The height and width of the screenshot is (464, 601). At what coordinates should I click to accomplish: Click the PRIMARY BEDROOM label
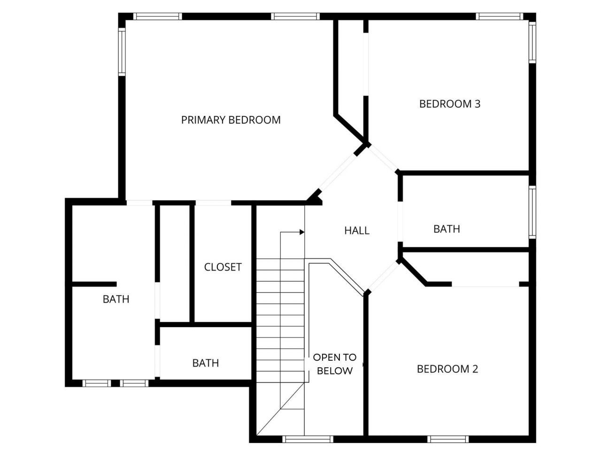pyautogui.click(x=231, y=120)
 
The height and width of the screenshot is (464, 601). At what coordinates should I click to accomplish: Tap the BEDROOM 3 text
pyautogui.click(x=449, y=104)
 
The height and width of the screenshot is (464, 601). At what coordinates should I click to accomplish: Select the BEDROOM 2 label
pyautogui.click(x=447, y=369)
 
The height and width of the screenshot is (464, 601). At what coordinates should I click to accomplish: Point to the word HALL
pyautogui.click(x=357, y=230)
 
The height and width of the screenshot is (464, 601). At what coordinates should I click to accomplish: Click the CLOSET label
pyautogui.click(x=223, y=267)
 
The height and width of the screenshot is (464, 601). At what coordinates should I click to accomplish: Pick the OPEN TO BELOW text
pyautogui.click(x=334, y=364)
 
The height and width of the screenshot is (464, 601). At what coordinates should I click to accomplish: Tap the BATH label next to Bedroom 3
pyautogui.click(x=447, y=229)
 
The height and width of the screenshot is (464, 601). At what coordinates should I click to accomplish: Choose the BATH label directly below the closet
pyautogui.click(x=205, y=363)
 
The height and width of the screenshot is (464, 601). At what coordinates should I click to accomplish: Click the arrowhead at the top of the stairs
pyautogui.click(x=302, y=232)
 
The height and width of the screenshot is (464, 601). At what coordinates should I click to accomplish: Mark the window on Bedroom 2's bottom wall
pyautogui.click(x=448, y=439)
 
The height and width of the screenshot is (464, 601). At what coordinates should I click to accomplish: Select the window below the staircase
pyautogui.click(x=308, y=439)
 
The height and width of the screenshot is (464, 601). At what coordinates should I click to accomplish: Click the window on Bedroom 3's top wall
pyautogui.click(x=499, y=16)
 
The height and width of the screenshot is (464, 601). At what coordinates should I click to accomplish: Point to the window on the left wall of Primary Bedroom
pyautogui.click(x=122, y=52)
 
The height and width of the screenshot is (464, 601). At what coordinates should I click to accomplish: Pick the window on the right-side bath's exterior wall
pyautogui.click(x=532, y=212)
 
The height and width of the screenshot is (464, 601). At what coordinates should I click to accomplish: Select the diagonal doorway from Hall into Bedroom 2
pyautogui.click(x=382, y=277)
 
